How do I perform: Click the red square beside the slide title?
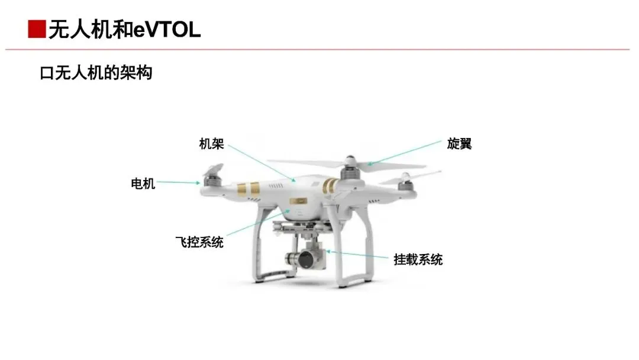[x=37, y=29]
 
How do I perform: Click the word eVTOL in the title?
[x=167, y=29]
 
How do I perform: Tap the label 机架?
[x=211, y=144]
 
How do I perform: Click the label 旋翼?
[x=460, y=144]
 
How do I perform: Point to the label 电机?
[x=143, y=184]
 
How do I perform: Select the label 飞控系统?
[x=199, y=242]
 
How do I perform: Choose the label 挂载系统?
[x=418, y=259]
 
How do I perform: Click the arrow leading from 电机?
[x=178, y=183]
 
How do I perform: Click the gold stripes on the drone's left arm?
[x=248, y=190]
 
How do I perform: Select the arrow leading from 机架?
[x=260, y=160]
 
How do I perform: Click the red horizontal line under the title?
[x=319, y=49]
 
